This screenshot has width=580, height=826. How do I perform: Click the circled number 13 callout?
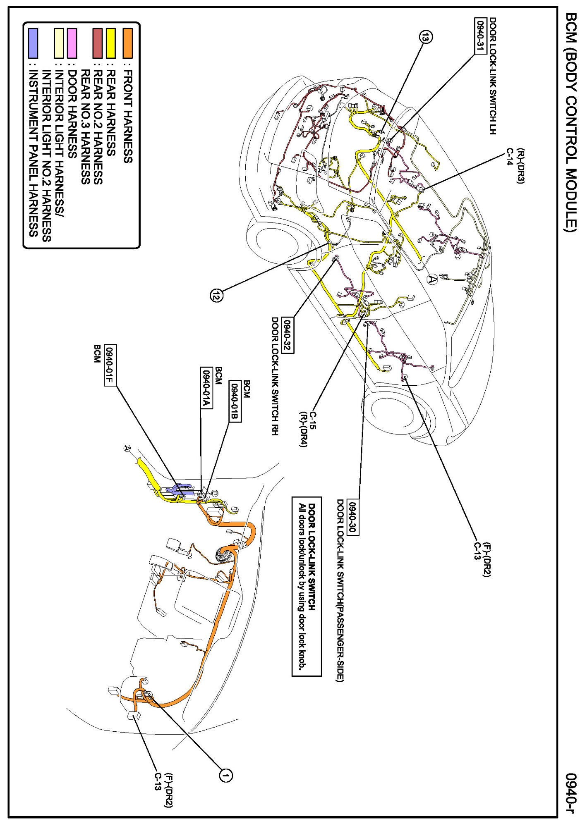click(x=426, y=37)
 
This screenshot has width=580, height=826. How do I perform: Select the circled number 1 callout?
click(x=225, y=775)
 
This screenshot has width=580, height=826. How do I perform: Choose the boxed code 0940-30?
click(x=353, y=516)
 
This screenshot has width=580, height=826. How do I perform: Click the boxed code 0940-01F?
click(x=110, y=365)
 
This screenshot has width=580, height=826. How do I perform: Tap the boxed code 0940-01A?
click(x=206, y=387)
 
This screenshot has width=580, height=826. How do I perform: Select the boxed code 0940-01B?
click(x=235, y=401)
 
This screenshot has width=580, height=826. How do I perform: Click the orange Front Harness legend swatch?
click(x=127, y=43)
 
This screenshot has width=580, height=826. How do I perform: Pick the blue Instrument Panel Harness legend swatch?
click(x=33, y=43)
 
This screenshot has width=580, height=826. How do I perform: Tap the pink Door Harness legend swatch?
click(x=72, y=43)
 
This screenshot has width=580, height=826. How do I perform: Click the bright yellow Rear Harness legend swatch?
click(x=110, y=43)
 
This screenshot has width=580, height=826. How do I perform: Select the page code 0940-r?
click(x=570, y=793)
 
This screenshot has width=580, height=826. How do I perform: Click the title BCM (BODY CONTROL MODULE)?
click(x=570, y=122)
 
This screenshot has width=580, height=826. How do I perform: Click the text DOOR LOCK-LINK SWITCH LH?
click(x=492, y=76)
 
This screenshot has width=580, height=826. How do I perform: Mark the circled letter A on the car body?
click(x=432, y=279)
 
